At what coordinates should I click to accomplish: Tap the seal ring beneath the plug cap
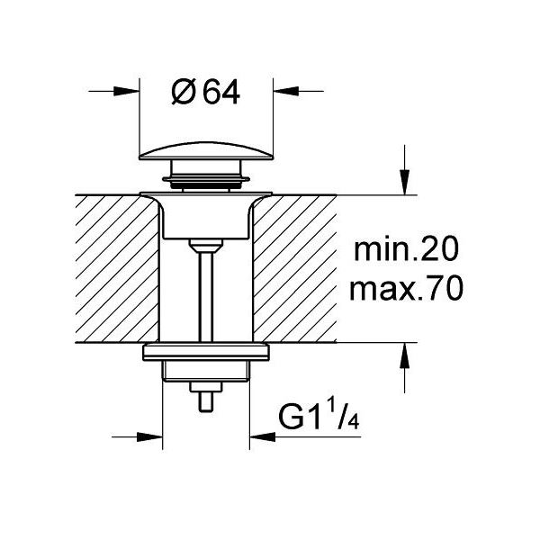207,183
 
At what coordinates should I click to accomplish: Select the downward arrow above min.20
407,184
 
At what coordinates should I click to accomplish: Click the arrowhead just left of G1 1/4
263,438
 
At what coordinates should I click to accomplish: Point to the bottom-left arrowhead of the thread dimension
149,438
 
